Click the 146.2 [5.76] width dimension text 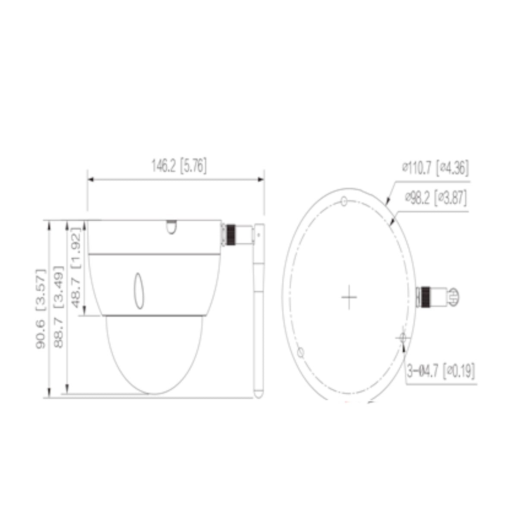point(178,166)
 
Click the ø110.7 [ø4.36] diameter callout point(435,168)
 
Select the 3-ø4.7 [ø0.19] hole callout point(441,371)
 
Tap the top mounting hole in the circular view point(344,201)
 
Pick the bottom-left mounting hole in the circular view point(301,352)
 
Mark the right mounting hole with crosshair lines point(403,338)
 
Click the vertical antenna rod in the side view point(258,311)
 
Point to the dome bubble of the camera point(154,354)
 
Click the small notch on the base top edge point(171,227)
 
